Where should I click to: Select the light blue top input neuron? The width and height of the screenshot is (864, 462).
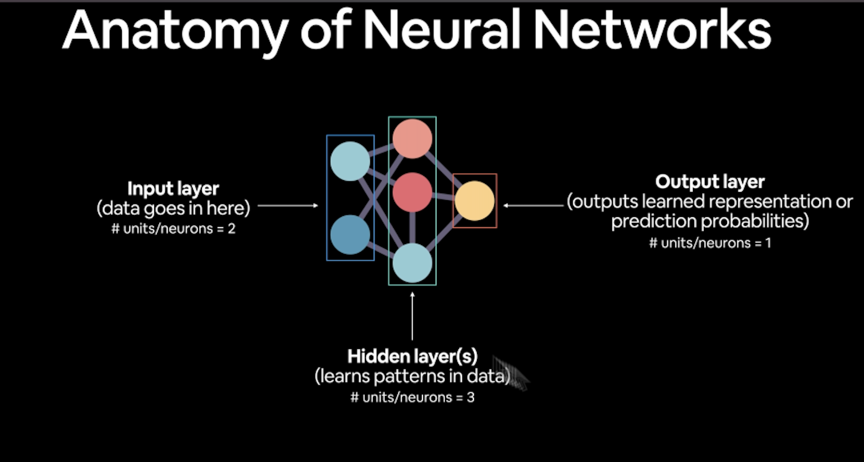[350, 161]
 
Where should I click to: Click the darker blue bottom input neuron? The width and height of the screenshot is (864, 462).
[350, 235]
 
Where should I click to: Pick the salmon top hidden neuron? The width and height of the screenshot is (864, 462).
[413, 139]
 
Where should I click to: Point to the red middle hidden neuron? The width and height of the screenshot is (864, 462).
[413, 193]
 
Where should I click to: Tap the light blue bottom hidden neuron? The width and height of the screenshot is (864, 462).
[413, 263]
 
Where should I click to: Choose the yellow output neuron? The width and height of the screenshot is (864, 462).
[474, 201]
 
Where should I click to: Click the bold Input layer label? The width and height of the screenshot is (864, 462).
[173, 189]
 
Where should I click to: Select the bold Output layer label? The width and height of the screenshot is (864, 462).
[710, 182]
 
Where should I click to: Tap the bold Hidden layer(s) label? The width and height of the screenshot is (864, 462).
[413, 357]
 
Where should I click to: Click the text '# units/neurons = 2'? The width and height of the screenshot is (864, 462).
[173, 229]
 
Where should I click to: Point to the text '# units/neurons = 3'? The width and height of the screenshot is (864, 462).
[413, 398]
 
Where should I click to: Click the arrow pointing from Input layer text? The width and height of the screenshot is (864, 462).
[287, 206]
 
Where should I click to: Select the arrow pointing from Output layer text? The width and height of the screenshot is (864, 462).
[533, 206]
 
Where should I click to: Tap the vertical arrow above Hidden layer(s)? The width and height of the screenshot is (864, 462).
[413, 316]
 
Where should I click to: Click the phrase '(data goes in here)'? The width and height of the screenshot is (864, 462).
[173, 208]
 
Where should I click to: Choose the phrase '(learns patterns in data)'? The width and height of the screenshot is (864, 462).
[413, 376]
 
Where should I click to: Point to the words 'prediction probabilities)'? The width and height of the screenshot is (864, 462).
[710, 221]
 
